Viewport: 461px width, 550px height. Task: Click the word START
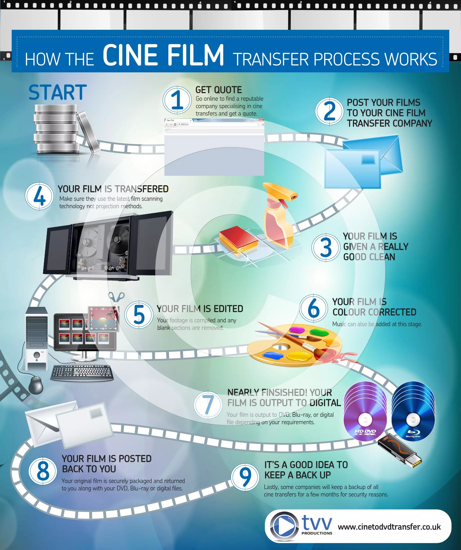[57, 92]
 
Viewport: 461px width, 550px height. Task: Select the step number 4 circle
[39, 196]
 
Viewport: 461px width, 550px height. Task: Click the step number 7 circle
[208, 405]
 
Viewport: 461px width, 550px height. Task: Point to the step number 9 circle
[245, 477]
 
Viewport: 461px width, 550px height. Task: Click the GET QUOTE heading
[218, 90]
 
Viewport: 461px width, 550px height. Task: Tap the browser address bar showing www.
[218, 124]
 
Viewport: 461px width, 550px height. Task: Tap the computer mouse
[35, 385]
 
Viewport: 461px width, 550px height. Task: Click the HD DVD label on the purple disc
[365, 432]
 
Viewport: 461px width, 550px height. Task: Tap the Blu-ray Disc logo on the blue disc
[413, 433]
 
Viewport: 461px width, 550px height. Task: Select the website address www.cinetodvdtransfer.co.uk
[389, 527]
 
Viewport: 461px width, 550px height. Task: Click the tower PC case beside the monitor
[37, 338]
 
